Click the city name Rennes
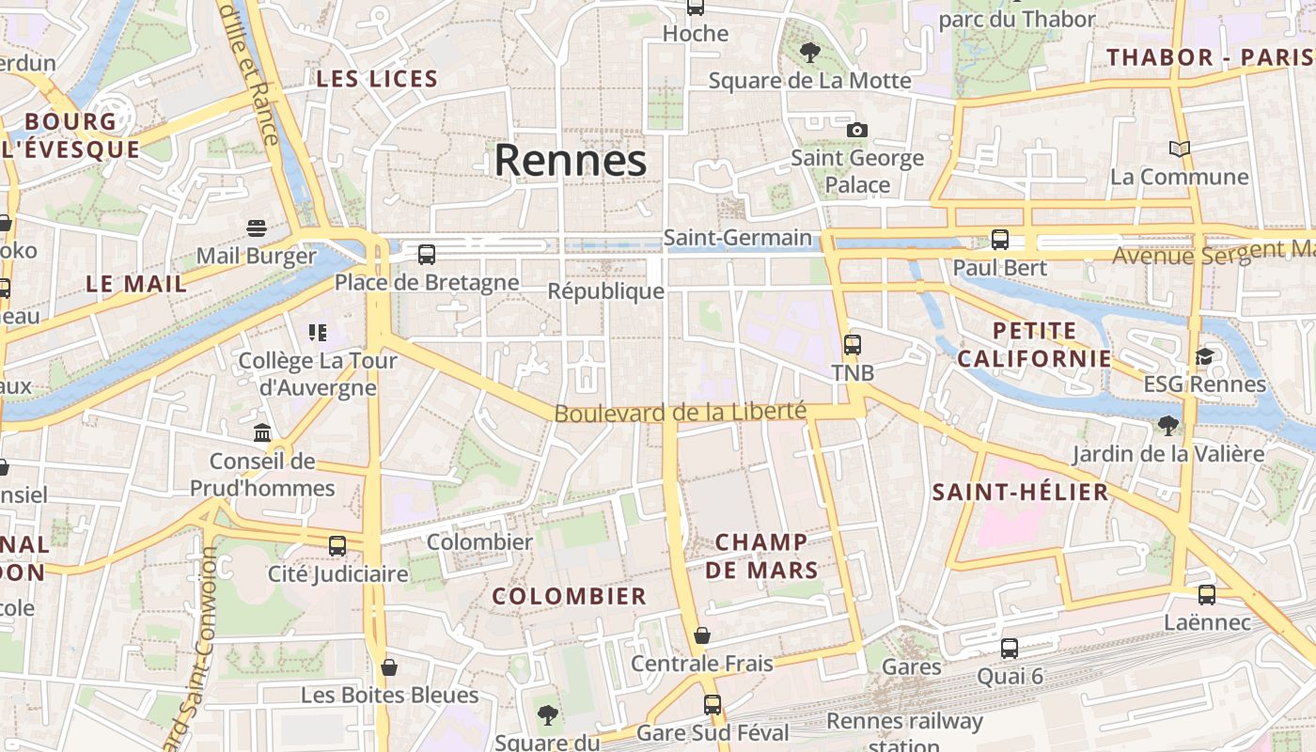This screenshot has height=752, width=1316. [x=571, y=160]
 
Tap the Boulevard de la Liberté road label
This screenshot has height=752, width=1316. [x=680, y=412]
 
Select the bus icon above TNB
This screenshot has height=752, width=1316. [x=853, y=345]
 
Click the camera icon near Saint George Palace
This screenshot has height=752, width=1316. [x=856, y=130]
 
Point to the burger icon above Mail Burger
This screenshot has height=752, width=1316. [x=257, y=227]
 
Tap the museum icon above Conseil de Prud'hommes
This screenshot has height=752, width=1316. [x=262, y=432]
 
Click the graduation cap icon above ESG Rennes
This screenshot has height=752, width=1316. [x=1204, y=356]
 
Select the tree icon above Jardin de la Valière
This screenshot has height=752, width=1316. [x=1168, y=426]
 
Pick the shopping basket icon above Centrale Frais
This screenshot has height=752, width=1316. [x=701, y=635]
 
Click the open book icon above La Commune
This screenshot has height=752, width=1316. [x=1179, y=149]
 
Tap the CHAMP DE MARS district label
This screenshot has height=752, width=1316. [x=761, y=556]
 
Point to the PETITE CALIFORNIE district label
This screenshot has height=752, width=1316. [x=1034, y=344]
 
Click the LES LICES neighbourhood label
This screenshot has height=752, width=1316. [x=377, y=79]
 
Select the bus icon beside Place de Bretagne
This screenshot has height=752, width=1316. [x=427, y=254]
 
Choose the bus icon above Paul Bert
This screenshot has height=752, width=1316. [x=1000, y=240]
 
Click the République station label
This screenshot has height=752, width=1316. [x=606, y=291]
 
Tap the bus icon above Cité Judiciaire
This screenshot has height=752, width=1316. [x=337, y=545]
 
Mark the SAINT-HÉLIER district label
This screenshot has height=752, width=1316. [x=1020, y=493]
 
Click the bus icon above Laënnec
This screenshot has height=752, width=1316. [x=1207, y=594]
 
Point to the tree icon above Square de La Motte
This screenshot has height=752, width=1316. [x=809, y=53]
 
